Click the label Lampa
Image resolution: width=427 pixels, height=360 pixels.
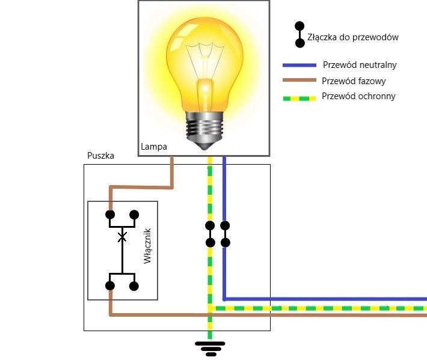(154, 147)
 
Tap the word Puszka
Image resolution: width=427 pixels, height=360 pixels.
(101, 156)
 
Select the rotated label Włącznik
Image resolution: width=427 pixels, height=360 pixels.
(149, 246)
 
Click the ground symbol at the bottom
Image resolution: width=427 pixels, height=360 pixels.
(210, 347)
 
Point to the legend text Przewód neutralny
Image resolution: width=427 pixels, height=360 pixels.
(360, 65)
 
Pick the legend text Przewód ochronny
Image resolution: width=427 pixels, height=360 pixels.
(358, 96)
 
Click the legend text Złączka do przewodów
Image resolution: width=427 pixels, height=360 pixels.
(353, 37)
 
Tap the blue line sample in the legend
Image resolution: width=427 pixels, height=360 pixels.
(300, 65)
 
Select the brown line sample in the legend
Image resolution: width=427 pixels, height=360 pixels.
(300, 81)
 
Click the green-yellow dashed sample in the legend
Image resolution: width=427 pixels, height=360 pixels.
(300, 97)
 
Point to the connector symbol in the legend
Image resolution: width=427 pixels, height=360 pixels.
(299, 35)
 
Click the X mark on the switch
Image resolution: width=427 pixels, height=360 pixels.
(122, 238)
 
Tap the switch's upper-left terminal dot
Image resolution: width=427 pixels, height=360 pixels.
(110, 215)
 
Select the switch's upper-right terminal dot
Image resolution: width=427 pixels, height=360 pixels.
(134, 215)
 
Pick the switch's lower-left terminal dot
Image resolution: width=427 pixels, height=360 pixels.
(110, 286)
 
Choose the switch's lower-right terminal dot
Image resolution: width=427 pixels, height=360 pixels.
(134, 286)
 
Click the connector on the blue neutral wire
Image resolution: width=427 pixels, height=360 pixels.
(225, 234)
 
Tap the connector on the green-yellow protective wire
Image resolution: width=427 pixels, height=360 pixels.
(210, 234)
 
